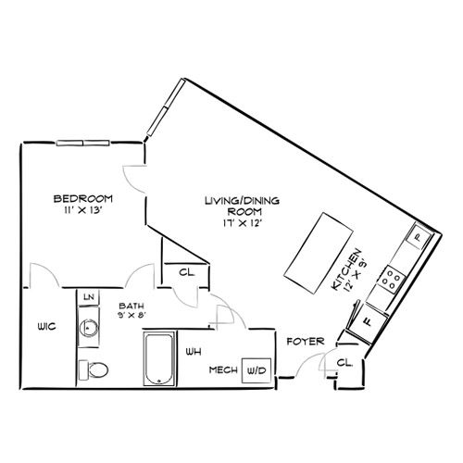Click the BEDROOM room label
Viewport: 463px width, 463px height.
pos(83,198)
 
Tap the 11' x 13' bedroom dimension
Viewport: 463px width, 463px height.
pos(83,210)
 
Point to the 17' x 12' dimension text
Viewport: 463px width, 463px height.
pos(243,223)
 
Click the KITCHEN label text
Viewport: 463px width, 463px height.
pos(345,269)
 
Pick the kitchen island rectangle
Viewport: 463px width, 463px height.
pos(319,253)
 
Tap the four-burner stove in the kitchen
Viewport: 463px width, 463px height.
pos(392,279)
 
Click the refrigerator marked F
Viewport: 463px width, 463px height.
pos(368,322)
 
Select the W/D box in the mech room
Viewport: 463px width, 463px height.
pos(257,370)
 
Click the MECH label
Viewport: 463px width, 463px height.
pos(223,369)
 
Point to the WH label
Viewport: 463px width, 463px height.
pos(194,352)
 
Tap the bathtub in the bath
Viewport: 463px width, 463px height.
pos(159,358)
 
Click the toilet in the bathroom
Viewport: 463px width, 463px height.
pos(94,369)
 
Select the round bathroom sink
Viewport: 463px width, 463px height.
pos(89,327)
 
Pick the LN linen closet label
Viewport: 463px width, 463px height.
pos(89,297)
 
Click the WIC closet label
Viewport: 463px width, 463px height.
pos(46,326)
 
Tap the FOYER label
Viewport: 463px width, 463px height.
pos(306,342)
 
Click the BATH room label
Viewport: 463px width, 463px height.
pos(131,306)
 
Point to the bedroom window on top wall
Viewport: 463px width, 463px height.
pos(82,143)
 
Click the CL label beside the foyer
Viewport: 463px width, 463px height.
pos(344,363)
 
